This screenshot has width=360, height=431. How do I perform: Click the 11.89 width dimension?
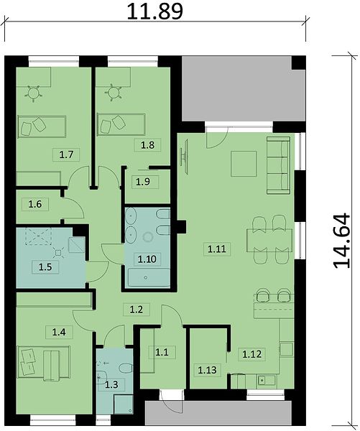(x=154, y=11)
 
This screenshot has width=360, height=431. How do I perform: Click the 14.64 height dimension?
(x=342, y=241)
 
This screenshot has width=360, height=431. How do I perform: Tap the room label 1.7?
(x=66, y=154)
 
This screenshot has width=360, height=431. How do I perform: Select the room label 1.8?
(x=147, y=144)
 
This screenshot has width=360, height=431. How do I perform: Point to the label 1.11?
(x=217, y=249)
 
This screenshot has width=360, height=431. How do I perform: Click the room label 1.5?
(x=45, y=267)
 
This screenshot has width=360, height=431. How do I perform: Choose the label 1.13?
(x=207, y=370)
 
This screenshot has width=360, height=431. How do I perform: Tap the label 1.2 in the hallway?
(x=136, y=310)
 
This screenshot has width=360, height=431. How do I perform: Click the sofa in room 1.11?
(x=278, y=165)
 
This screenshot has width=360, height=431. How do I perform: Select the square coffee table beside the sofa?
(x=244, y=164)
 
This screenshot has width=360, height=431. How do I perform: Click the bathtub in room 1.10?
(x=149, y=277)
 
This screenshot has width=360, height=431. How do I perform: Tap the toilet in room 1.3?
(x=126, y=369)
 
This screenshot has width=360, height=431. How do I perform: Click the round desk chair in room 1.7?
(x=34, y=93)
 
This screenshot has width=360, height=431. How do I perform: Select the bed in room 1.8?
(x=121, y=124)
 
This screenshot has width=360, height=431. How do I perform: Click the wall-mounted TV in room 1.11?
(x=185, y=157)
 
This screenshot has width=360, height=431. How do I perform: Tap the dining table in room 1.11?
(x=269, y=241)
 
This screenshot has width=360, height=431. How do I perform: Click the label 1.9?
(x=143, y=182)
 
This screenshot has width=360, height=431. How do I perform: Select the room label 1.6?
(x=35, y=204)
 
